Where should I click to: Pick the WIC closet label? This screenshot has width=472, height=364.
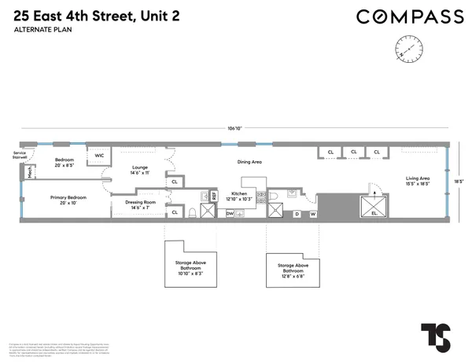(99, 156)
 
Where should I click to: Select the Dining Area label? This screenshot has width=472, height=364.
(249, 161)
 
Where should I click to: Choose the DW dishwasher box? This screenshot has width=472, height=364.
(230, 213)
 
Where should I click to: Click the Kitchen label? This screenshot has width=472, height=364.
(241, 194)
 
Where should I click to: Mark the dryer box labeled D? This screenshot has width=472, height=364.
(297, 213)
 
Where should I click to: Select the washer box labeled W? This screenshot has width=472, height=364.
(313, 213)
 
